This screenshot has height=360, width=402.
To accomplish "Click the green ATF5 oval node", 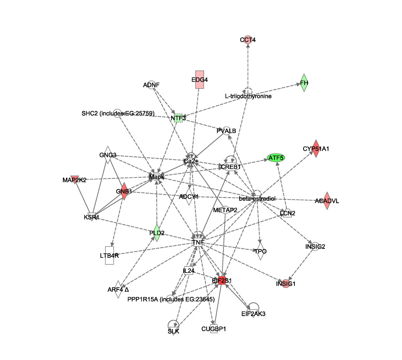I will pos(276,158).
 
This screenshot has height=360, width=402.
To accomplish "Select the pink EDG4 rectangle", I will pos(200,80).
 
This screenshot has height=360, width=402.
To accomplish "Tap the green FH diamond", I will pos(304,83).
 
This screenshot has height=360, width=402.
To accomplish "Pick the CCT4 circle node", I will pos(248,40).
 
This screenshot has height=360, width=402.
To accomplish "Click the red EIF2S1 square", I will pos(221,281).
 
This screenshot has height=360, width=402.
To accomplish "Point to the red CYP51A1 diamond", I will pos(316,148).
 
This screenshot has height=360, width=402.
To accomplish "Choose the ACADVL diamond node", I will pos(327,201).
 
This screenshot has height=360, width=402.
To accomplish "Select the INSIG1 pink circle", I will pos(286,284).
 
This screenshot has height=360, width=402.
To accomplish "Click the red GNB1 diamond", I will pos(124,191).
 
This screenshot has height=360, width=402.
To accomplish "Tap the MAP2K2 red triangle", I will pos(75,179).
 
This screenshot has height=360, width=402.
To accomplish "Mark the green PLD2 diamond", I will pos(157,233).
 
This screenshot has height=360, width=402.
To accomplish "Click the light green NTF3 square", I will pos(178,118).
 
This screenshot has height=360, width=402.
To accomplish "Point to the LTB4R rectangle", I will pos(109,255).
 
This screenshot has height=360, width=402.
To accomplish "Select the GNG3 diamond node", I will pos(108,155).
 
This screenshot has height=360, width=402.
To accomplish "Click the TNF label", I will pos(198,242).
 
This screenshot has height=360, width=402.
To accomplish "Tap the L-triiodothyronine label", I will pos(248,96).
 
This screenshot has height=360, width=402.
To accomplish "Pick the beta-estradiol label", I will pos(257,199).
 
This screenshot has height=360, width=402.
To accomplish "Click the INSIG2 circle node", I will pos(315,246).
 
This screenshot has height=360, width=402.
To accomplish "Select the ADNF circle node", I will pos(151,85).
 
